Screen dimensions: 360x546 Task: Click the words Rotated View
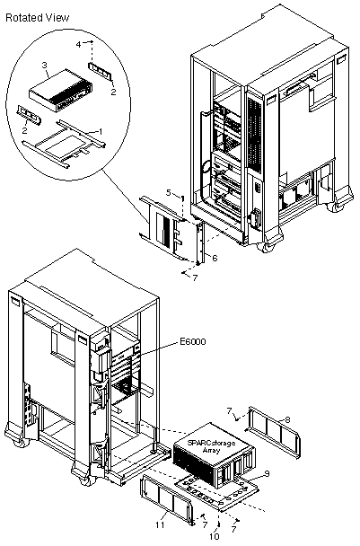pos(37,17)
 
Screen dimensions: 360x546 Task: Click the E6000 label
pos(192,341)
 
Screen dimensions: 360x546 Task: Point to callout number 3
pos(44,65)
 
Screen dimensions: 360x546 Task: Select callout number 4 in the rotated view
pos(78,44)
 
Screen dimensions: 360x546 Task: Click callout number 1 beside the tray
pos(101,131)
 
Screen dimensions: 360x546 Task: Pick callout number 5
pos(169,192)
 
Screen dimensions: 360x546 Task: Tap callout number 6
pos(215,258)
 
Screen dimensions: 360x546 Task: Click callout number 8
pos(287,419)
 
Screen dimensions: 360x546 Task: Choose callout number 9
pos(267,473)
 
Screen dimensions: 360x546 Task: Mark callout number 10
pos(215,536)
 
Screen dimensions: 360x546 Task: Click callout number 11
pos(160,524)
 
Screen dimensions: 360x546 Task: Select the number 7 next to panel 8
pos(229,411)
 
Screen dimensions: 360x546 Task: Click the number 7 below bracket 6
pos(195,277)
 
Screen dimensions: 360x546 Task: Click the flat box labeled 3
pos(61,91)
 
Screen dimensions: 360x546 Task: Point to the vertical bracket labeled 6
pos(200,243)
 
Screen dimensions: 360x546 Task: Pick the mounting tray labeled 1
pos(64,145)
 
